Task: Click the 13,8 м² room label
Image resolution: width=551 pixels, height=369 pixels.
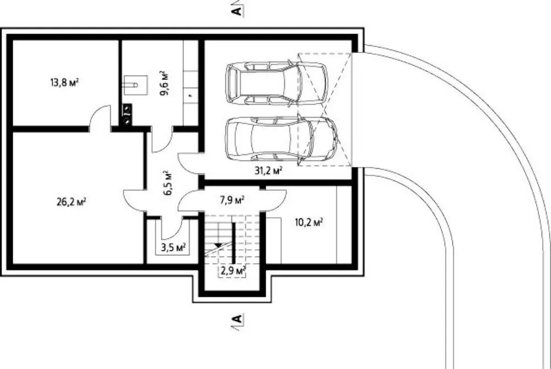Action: [64, 83]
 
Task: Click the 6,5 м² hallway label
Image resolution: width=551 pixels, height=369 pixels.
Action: [168, 183]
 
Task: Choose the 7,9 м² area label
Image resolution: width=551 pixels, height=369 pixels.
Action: [232, 200]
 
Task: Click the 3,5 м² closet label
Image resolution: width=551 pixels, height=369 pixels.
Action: [173, 247]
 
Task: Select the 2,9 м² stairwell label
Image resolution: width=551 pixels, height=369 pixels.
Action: [233, 271]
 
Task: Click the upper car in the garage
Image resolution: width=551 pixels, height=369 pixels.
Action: [277, 83]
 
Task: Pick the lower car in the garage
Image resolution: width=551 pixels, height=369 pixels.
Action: [282, 141]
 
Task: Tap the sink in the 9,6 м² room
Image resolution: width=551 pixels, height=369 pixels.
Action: [136, 85]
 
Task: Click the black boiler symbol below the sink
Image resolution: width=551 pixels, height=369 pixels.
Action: [127, 114]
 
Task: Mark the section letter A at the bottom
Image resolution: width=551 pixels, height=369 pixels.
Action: [237, 319]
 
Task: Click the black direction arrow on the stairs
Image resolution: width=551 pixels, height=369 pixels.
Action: [219, 244]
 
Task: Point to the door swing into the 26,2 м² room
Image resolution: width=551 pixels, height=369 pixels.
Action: [134, 201]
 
